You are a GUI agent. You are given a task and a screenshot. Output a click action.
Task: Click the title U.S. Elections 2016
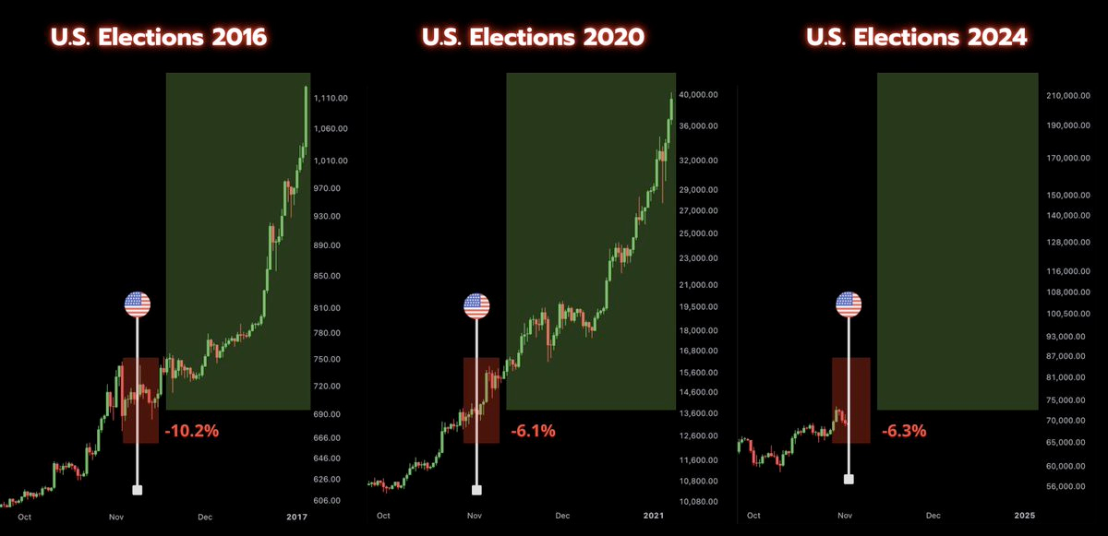coord(159,38)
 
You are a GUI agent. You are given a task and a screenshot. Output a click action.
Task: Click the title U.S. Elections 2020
coord(534,38)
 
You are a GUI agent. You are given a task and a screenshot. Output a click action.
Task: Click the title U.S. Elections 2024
coord(916,38)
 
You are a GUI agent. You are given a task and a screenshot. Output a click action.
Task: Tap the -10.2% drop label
coord(191,430)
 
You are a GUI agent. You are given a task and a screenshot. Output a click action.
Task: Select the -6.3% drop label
coord(904,430)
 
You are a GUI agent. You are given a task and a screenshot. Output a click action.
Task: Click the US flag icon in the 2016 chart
coord(138,304)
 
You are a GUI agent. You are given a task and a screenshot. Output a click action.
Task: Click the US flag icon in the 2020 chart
coord(477,304)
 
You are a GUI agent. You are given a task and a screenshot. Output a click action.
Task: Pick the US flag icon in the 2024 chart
coord(849,304)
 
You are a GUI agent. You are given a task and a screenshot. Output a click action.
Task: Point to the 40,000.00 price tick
coord(698,95)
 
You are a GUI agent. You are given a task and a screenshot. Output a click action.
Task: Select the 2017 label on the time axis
coord(295,517)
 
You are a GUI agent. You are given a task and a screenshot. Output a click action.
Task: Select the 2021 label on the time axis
coord(655,517)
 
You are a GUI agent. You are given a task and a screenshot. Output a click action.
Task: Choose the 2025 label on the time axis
coord(1024,516)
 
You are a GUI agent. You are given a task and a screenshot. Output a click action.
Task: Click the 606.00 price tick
coord(329,501)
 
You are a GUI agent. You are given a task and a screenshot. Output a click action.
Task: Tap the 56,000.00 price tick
coord(1069,486)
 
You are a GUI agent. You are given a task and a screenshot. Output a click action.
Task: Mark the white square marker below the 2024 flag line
coord(849,479)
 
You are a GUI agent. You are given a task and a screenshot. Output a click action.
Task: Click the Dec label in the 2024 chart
coord(933,516)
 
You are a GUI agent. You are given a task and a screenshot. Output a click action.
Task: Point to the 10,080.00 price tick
coord(698,503)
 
